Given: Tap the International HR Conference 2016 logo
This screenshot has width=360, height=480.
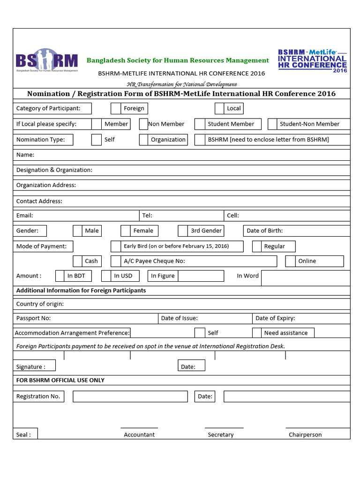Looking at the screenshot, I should pos(313,61).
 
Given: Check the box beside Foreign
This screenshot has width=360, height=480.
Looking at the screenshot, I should pos(116,108).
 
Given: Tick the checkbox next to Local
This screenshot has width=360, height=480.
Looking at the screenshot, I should pos(219,108).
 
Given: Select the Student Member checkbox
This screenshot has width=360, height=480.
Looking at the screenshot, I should pos(200,124).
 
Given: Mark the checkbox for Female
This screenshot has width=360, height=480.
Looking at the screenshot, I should pos(125,231).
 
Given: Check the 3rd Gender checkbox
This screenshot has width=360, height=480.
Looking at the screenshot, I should pos(183,231).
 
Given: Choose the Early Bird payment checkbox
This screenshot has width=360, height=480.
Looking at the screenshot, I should pos(116,246).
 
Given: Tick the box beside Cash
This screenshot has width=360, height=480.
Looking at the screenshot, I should pos(78,261).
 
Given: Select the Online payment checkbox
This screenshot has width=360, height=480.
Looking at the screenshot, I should pos(290,261).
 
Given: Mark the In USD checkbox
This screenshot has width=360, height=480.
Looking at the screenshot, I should pos(106,276).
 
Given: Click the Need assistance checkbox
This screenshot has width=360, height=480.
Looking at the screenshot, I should pos(256,333).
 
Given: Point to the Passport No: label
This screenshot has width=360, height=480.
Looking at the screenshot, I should pos(33,318).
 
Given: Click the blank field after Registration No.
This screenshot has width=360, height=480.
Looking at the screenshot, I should pos(130,397).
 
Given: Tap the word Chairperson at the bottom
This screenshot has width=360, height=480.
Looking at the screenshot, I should pos(305,435).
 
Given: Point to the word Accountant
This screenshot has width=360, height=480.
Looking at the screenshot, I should pos(139,435).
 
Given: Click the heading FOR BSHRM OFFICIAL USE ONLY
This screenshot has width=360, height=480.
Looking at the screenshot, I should pos(60,380).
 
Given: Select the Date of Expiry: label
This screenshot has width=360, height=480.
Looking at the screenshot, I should pos(275,318).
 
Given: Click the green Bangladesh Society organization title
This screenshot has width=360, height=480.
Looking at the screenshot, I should pos(178,60).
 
